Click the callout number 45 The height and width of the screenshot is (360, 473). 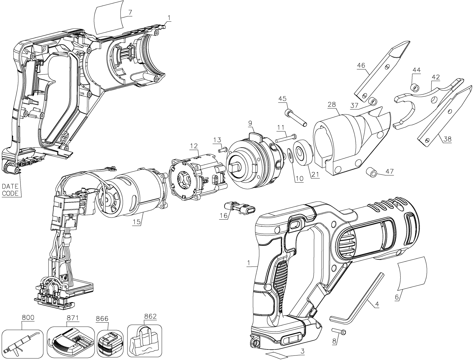tap(282, 99)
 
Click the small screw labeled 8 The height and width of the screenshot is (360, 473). tap(340, 331)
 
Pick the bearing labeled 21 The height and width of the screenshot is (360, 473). tap(300, 153)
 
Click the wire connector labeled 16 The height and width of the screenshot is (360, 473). tap(240, 208)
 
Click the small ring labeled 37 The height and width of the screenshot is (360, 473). tap(374, 101)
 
